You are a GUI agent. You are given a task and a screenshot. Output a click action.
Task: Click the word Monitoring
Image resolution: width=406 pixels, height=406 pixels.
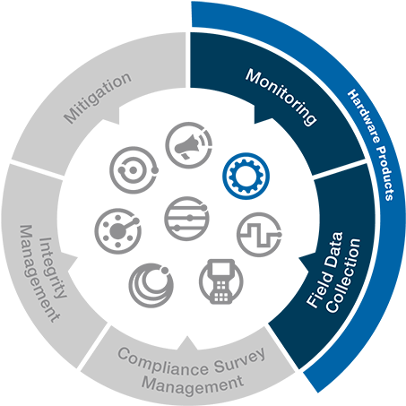coord(281,97)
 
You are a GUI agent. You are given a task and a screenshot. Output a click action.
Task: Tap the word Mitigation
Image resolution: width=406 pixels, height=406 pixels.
coord(98,98)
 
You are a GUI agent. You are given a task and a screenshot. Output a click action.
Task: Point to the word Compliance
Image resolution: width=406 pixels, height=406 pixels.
coord(163,361)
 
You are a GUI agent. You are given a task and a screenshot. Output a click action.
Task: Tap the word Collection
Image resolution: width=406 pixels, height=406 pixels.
coord(343,275)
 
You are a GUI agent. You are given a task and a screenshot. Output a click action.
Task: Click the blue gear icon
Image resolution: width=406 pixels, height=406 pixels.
coord(246,176)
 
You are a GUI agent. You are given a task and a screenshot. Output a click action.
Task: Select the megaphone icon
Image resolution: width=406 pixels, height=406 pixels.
coord(189,145)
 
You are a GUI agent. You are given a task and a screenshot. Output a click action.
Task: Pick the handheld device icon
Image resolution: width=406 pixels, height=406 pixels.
coord(221,281)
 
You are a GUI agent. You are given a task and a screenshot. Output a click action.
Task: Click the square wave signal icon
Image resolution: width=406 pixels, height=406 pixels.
coord(259,235)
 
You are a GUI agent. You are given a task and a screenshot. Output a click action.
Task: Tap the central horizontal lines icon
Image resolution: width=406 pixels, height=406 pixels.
coord(186,218)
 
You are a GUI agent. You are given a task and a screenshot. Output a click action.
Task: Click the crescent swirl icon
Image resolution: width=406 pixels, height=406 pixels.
coord(151,285)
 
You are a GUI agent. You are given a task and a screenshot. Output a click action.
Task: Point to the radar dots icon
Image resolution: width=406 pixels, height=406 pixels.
coord(117,231)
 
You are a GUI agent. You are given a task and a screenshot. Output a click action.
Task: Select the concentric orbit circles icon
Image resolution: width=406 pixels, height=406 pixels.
coord(134,169)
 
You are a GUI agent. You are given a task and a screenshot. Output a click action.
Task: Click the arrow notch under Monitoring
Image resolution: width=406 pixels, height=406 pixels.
coord(261,115)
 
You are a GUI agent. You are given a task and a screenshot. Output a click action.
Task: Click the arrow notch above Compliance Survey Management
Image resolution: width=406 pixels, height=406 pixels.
coord(187,343)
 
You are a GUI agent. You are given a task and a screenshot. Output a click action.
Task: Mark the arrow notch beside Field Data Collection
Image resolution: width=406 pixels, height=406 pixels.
coord(304,263)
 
